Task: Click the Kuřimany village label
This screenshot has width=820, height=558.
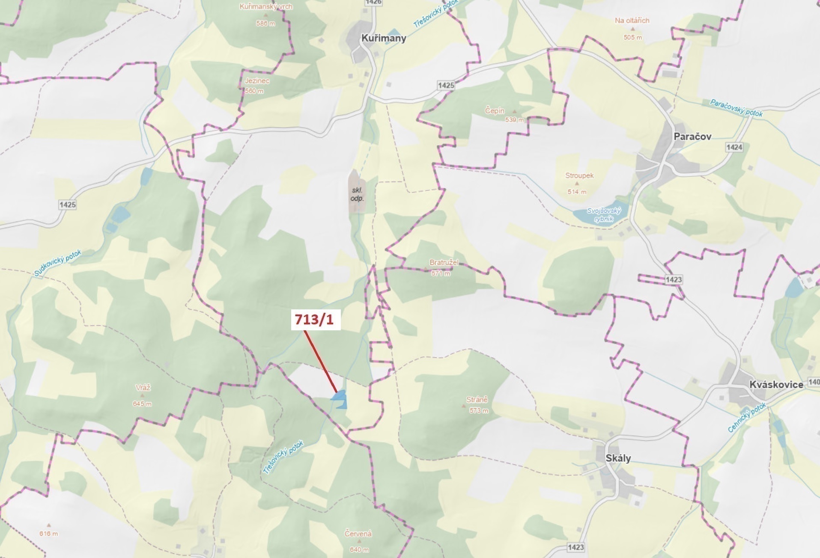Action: pos(383,38)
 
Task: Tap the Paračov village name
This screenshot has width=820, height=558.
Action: pos(692,137)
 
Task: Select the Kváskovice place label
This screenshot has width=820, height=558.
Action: pos(776,384)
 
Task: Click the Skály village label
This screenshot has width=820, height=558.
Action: pos(618,458)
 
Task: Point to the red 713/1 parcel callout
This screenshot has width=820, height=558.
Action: pos(316,320)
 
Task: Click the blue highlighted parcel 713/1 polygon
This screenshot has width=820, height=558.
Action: pos(340,398)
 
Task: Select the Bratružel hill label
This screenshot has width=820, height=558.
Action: pos(444,262)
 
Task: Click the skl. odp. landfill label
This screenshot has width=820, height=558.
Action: pos(357,194)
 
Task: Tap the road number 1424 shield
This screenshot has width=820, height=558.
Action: pos(734,147)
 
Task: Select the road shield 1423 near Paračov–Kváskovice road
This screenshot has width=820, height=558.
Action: pos(674,279)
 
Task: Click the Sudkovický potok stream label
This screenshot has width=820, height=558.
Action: pos(57,263)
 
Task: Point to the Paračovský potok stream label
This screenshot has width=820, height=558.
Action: pos(736,108)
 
